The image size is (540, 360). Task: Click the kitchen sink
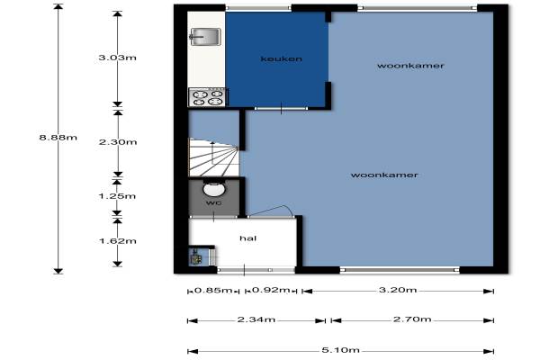click(205, 37)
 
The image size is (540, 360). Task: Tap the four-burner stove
click(207, 97)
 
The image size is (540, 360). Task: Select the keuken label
click(282, 58)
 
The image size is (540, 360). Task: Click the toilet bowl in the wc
click(213, 190)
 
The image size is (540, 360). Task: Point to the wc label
click(214, 202)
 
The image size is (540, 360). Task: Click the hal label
click(248, 238)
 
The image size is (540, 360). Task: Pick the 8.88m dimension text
click(58, 138)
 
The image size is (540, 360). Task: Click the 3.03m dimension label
click(117, 58)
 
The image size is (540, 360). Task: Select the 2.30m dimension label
click(118, 142)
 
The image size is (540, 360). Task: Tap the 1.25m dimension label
click(117, 196)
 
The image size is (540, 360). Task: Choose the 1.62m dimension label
click(118, 241)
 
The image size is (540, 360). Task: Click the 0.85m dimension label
click(213, 290)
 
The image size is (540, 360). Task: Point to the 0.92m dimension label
click(271, 290)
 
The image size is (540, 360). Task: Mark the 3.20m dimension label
click(398, 290)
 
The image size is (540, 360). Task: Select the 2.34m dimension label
click(256, 319)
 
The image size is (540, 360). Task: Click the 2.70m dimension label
click(412, 319)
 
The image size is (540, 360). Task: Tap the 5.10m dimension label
click(340, 350)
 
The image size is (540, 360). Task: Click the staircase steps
click(213, 157)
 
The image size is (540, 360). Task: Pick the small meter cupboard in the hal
click(199, 256)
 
